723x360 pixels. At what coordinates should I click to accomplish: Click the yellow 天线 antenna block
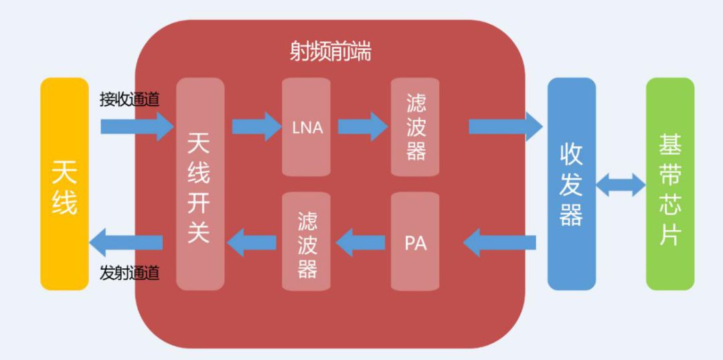pyautogui.click(x=64, y=184)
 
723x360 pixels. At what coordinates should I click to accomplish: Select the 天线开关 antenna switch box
pyautogui.click(x=200, y=184)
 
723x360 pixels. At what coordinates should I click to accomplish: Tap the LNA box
pyautogui.click(x=306, y=126)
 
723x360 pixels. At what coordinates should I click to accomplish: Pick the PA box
pyautogui.click(x=415, y=241)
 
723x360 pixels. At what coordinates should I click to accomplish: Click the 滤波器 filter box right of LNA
pyautogui.click(x=415, y=126)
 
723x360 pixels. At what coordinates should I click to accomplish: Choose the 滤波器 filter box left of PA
pyautogui.click(x=306, y=241)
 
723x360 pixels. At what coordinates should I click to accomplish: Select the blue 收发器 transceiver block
pyautogui.click(x=571, y=184)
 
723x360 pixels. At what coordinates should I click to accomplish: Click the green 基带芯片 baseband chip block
pyautogui.click(x=670, y=184)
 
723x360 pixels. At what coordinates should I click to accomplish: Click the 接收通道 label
pyautogui.click(x=130, y=100)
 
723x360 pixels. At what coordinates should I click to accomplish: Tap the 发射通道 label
pyautogui.click(x=130, y=274)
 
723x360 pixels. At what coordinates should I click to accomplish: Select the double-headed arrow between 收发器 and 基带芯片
pyautogui.click(x=621, y=185)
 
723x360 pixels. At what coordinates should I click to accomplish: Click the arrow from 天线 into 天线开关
pyautogui.click(x=137, y=126)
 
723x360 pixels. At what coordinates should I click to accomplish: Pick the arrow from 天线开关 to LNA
pyautogui.click(x=257, y=126)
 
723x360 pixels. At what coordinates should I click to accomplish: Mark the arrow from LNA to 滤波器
pyautogui.click(x=363, y=126)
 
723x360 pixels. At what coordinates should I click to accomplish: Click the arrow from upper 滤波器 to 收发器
pyautogui.click(x=506, y=126)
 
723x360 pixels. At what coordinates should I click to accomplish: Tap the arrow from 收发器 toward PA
pyautogui.click(x=499, y=242)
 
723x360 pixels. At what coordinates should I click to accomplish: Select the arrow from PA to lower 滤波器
pyautogui.click(x=361, y=242)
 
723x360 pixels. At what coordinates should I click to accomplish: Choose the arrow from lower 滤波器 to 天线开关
pyautogui.click(x=252, y=242)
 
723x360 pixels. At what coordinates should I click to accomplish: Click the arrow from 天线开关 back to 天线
pyautogui.click(x=126, y=242)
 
